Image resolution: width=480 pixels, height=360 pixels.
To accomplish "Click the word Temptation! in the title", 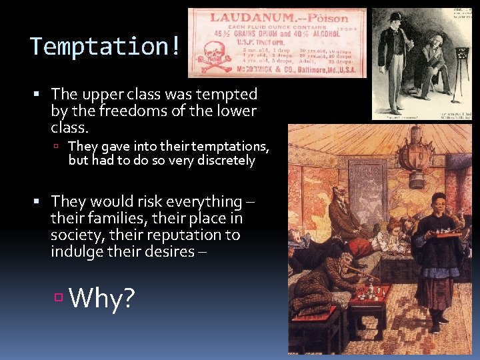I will tap(105, 47).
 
